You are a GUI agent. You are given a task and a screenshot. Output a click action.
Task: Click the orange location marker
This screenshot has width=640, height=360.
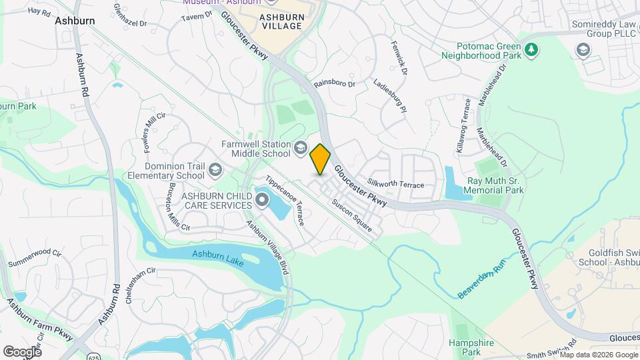321,159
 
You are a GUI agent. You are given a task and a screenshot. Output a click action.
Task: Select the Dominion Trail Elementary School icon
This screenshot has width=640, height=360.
215,169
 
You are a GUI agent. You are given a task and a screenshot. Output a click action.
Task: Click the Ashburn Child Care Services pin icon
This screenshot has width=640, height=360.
261,199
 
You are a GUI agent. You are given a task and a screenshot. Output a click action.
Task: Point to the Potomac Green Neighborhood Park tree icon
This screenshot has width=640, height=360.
531,49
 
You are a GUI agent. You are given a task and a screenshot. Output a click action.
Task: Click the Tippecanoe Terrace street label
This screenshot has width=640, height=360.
285,200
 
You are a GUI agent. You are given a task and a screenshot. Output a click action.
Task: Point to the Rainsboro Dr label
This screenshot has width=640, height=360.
335,85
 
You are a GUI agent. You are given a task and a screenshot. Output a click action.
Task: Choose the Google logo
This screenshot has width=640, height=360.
22,351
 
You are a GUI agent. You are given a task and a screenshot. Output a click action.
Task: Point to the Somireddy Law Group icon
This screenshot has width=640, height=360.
583,49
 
